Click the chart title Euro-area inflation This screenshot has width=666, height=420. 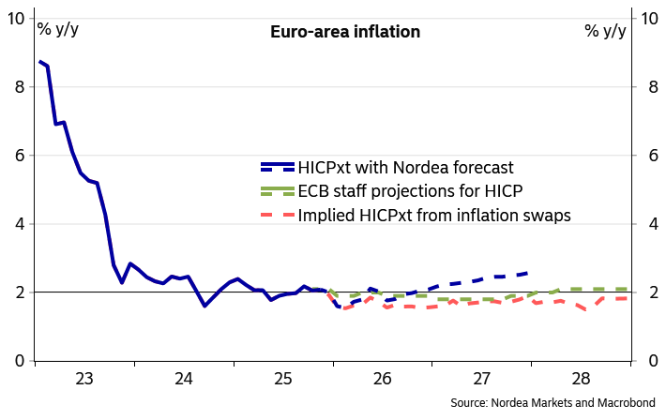pos(345,32)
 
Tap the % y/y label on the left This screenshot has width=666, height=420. pos(58,29)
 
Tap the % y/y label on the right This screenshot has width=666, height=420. pos(605,30)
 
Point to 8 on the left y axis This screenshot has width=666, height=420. pos(19,87)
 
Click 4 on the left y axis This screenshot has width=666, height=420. pos(19,224)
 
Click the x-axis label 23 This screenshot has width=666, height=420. pos(84,380)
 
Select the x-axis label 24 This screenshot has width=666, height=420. pos(184,380)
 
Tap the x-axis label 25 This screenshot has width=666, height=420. pos(283,380)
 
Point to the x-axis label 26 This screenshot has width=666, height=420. pos(382,380)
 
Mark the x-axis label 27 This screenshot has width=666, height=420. pos(482,380)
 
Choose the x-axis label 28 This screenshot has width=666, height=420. pos(582,380)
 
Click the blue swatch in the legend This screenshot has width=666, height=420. pos(278,167)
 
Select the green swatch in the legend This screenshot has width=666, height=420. pos(278,191)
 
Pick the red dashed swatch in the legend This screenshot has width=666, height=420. pos(278,215)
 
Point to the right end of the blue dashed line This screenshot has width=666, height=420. pos(528,273)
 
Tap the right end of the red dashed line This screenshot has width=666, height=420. pos(627,298)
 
